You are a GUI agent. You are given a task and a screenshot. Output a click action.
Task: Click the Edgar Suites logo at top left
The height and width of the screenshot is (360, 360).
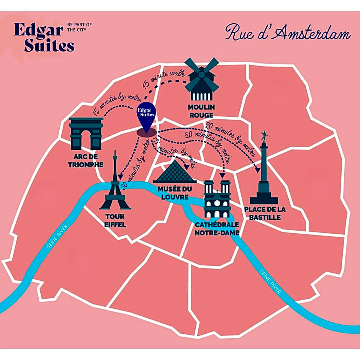(x=44, y=38)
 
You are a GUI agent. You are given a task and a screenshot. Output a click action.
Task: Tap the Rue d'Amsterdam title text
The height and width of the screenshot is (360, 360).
(x=287, y=33)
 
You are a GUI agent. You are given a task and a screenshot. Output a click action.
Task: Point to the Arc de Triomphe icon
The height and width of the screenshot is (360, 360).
(x=86, y=133)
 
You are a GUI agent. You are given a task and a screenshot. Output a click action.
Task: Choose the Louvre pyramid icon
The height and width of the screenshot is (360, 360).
(x=174, y=172)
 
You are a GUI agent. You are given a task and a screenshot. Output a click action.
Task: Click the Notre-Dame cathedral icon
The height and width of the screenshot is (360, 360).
(x=217, y=199)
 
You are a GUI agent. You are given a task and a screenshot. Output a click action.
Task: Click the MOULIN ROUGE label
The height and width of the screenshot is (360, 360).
(x=201, y=111)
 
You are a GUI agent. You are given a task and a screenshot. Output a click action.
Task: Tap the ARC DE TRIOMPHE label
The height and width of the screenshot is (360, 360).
(x=86, y=161)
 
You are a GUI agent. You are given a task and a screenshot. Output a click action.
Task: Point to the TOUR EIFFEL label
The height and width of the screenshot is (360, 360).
(x=115, y=221)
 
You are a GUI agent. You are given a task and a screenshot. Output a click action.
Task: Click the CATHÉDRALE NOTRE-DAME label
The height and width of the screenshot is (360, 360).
(x=217, y=229)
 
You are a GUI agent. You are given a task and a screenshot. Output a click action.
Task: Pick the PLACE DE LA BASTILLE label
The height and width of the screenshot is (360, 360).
(x=265, y=213)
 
